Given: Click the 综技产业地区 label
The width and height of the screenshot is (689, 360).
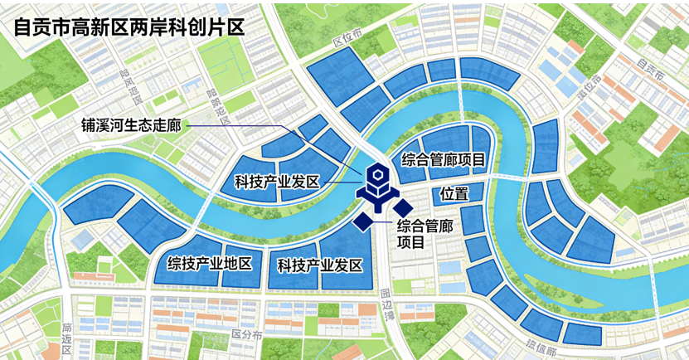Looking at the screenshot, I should (x=210, y=265).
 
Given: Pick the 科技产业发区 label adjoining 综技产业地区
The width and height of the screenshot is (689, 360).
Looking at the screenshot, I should (x=320, y=265).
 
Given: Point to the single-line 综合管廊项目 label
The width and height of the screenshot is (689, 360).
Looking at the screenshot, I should (x=443, y=159).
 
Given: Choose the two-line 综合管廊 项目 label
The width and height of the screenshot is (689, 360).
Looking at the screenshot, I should (x=423, y=234).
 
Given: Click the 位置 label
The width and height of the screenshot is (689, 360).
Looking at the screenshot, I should (x=454, y=194).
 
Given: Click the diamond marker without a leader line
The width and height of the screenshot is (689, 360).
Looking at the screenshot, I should (x=403, y=207).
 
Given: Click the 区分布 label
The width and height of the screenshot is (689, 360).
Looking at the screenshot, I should (x=246, y=335).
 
